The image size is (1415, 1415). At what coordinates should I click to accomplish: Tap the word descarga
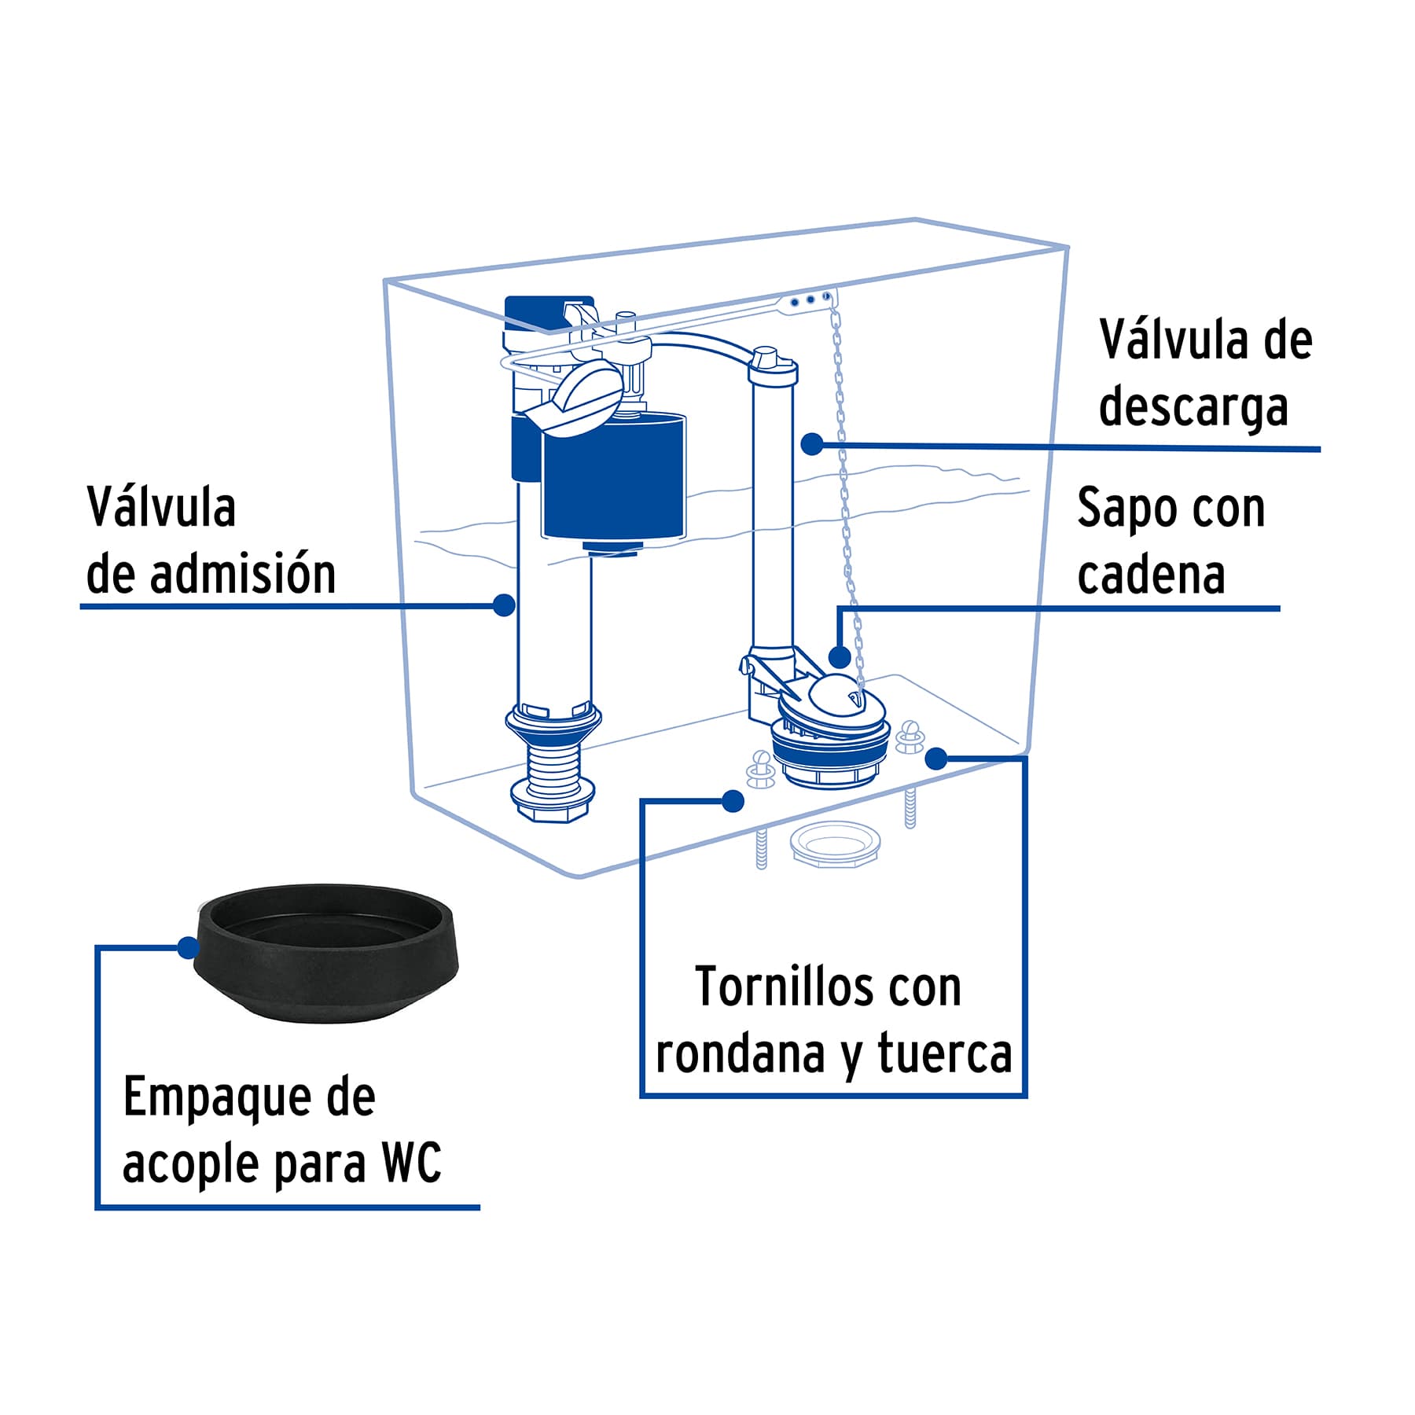1193,406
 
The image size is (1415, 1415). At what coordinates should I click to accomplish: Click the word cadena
1151,575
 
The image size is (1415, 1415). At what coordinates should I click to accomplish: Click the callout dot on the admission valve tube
504,605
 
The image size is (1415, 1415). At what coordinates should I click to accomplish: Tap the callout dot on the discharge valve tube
811,444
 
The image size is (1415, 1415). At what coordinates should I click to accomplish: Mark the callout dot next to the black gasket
188,948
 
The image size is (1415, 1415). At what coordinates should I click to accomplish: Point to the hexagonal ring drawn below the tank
834,845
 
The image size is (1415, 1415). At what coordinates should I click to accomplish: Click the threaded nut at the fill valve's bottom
552,800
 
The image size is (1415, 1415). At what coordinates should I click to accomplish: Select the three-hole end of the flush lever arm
810,300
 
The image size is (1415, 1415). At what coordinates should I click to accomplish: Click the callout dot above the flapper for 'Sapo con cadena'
840,656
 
